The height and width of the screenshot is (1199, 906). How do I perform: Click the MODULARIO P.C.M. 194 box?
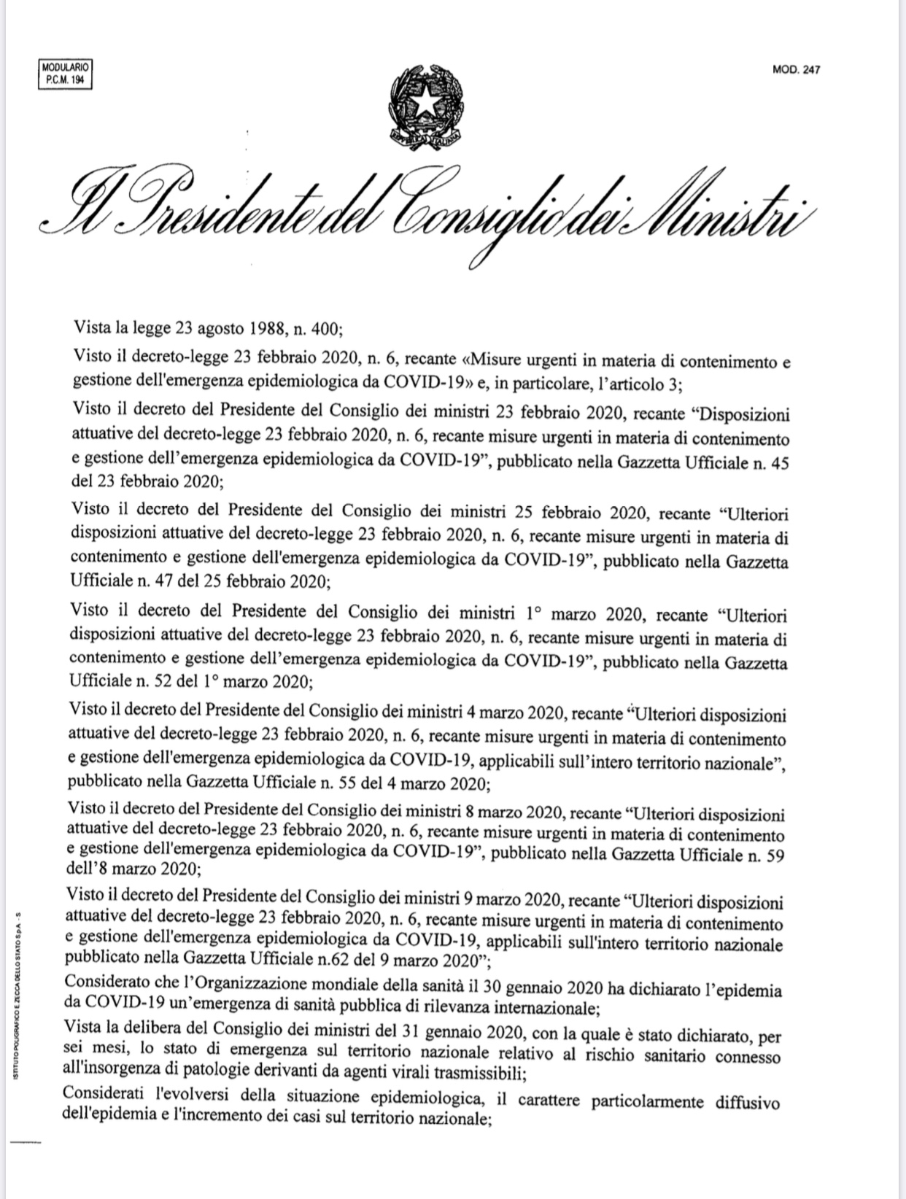click(65, 75)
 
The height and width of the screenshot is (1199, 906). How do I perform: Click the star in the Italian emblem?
click(424, 104)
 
